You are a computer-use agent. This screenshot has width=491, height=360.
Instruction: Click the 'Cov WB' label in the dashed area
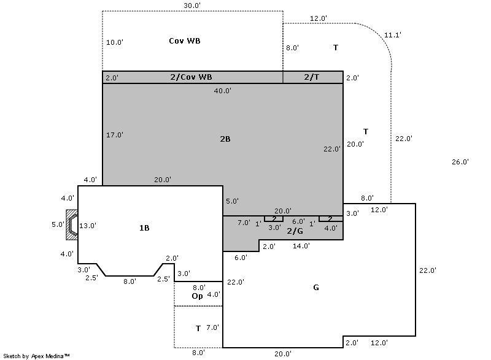185,41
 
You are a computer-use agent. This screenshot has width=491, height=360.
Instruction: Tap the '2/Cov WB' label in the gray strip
191,77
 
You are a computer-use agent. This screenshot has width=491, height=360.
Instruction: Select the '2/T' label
311,77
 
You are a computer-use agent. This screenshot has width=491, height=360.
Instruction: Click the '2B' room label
225,139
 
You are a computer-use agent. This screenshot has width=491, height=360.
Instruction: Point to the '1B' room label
144,228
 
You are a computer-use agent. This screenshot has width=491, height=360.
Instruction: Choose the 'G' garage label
316,288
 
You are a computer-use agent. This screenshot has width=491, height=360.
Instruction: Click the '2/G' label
295,231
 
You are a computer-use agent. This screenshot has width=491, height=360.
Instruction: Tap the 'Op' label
197,296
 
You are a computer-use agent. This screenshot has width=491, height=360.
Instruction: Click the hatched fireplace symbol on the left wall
72,225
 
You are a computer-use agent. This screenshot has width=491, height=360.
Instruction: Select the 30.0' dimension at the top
192,6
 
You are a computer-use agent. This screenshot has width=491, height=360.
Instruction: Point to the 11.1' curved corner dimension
393,36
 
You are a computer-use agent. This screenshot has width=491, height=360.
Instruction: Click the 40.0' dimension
222,91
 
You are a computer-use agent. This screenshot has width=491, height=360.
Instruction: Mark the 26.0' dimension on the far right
460,162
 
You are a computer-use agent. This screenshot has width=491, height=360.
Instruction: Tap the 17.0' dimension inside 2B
115,135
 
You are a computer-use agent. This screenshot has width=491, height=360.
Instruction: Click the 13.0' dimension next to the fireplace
88,226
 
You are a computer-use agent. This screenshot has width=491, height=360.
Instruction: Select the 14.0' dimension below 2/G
301,246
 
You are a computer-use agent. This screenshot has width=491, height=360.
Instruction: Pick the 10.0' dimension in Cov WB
115,43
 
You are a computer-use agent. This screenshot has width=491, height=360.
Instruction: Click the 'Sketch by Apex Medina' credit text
37,356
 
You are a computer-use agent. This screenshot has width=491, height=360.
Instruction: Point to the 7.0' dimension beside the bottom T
212,328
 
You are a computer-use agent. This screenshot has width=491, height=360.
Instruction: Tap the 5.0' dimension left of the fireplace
58,224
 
